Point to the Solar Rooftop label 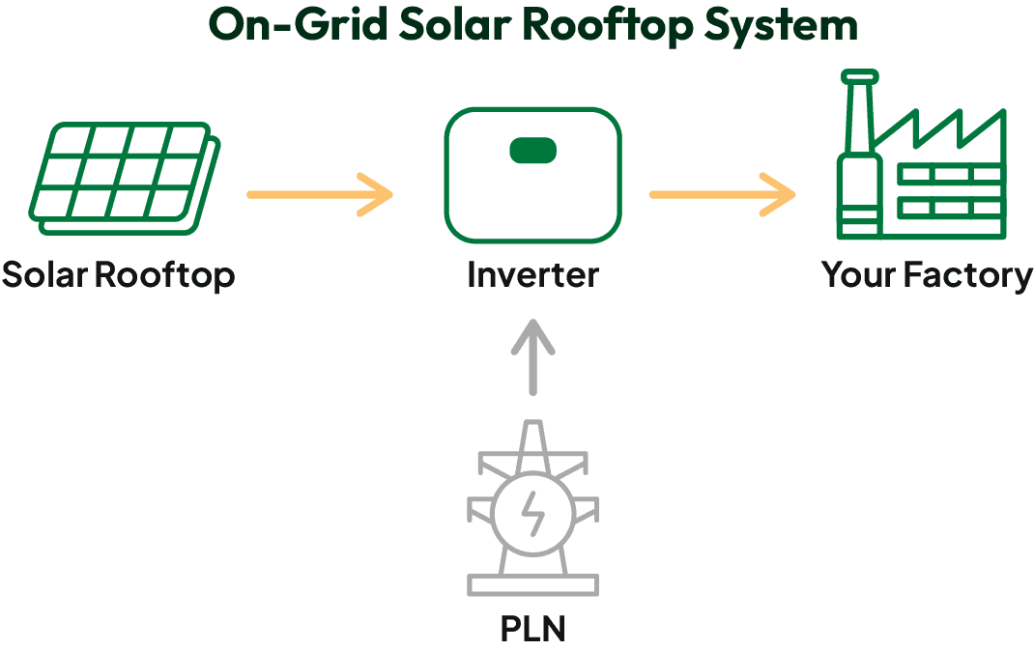click(x=118, y=275)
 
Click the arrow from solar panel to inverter click(x=320, y=195)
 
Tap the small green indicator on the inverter click(x=532, y=150)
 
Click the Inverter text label click(x=532, y=275)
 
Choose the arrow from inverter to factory click(x=722, y=195)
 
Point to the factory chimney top click(x=859, y=76)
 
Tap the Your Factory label click(x=927, y=275)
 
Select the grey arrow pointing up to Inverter click(x=531, y=357)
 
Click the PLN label click(x=532, y=629)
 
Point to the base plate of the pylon click(x=532, y=584)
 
